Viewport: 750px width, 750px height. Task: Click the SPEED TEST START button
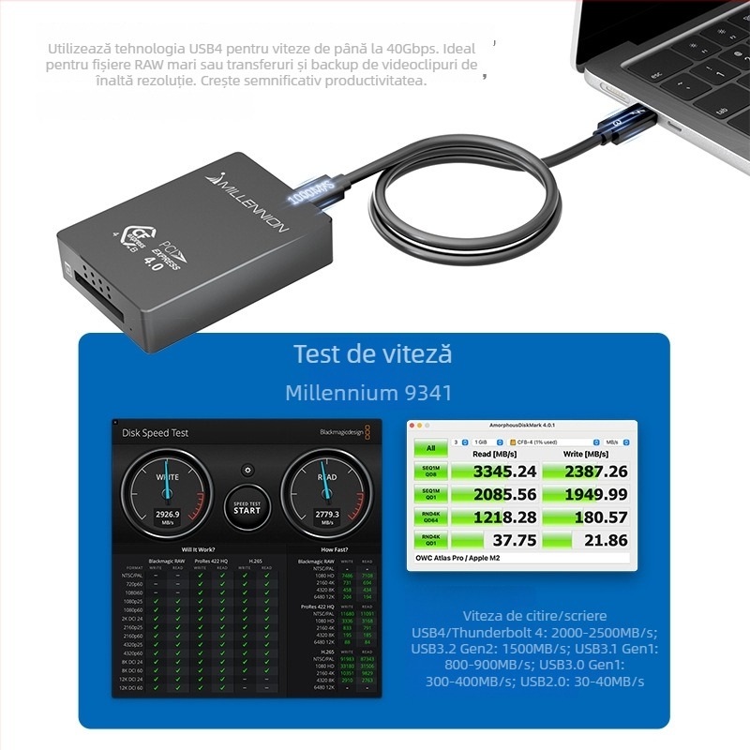(247, 506)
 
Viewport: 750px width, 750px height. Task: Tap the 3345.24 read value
(504, 471)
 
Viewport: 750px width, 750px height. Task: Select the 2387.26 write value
(595, 471)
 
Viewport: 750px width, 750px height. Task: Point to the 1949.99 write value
(595, 494)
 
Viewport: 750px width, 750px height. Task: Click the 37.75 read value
(515, 540)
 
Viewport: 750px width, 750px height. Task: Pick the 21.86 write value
(605, 540)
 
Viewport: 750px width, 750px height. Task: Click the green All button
(430, 448)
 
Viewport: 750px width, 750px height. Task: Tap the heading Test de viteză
(373, 354)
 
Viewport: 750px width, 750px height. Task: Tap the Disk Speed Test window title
(156, 433)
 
